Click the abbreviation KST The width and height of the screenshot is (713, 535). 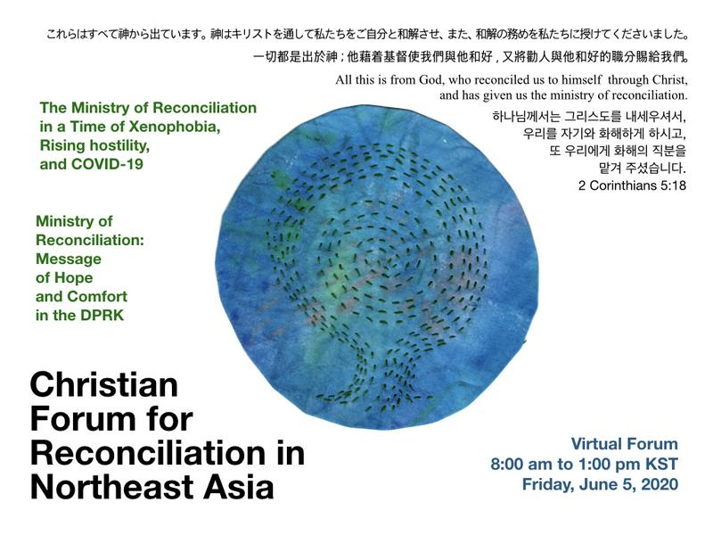tap(661, 465)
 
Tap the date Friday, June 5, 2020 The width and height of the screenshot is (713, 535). tap(600, 485)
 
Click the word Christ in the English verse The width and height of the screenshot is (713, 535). tap(666, 81)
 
